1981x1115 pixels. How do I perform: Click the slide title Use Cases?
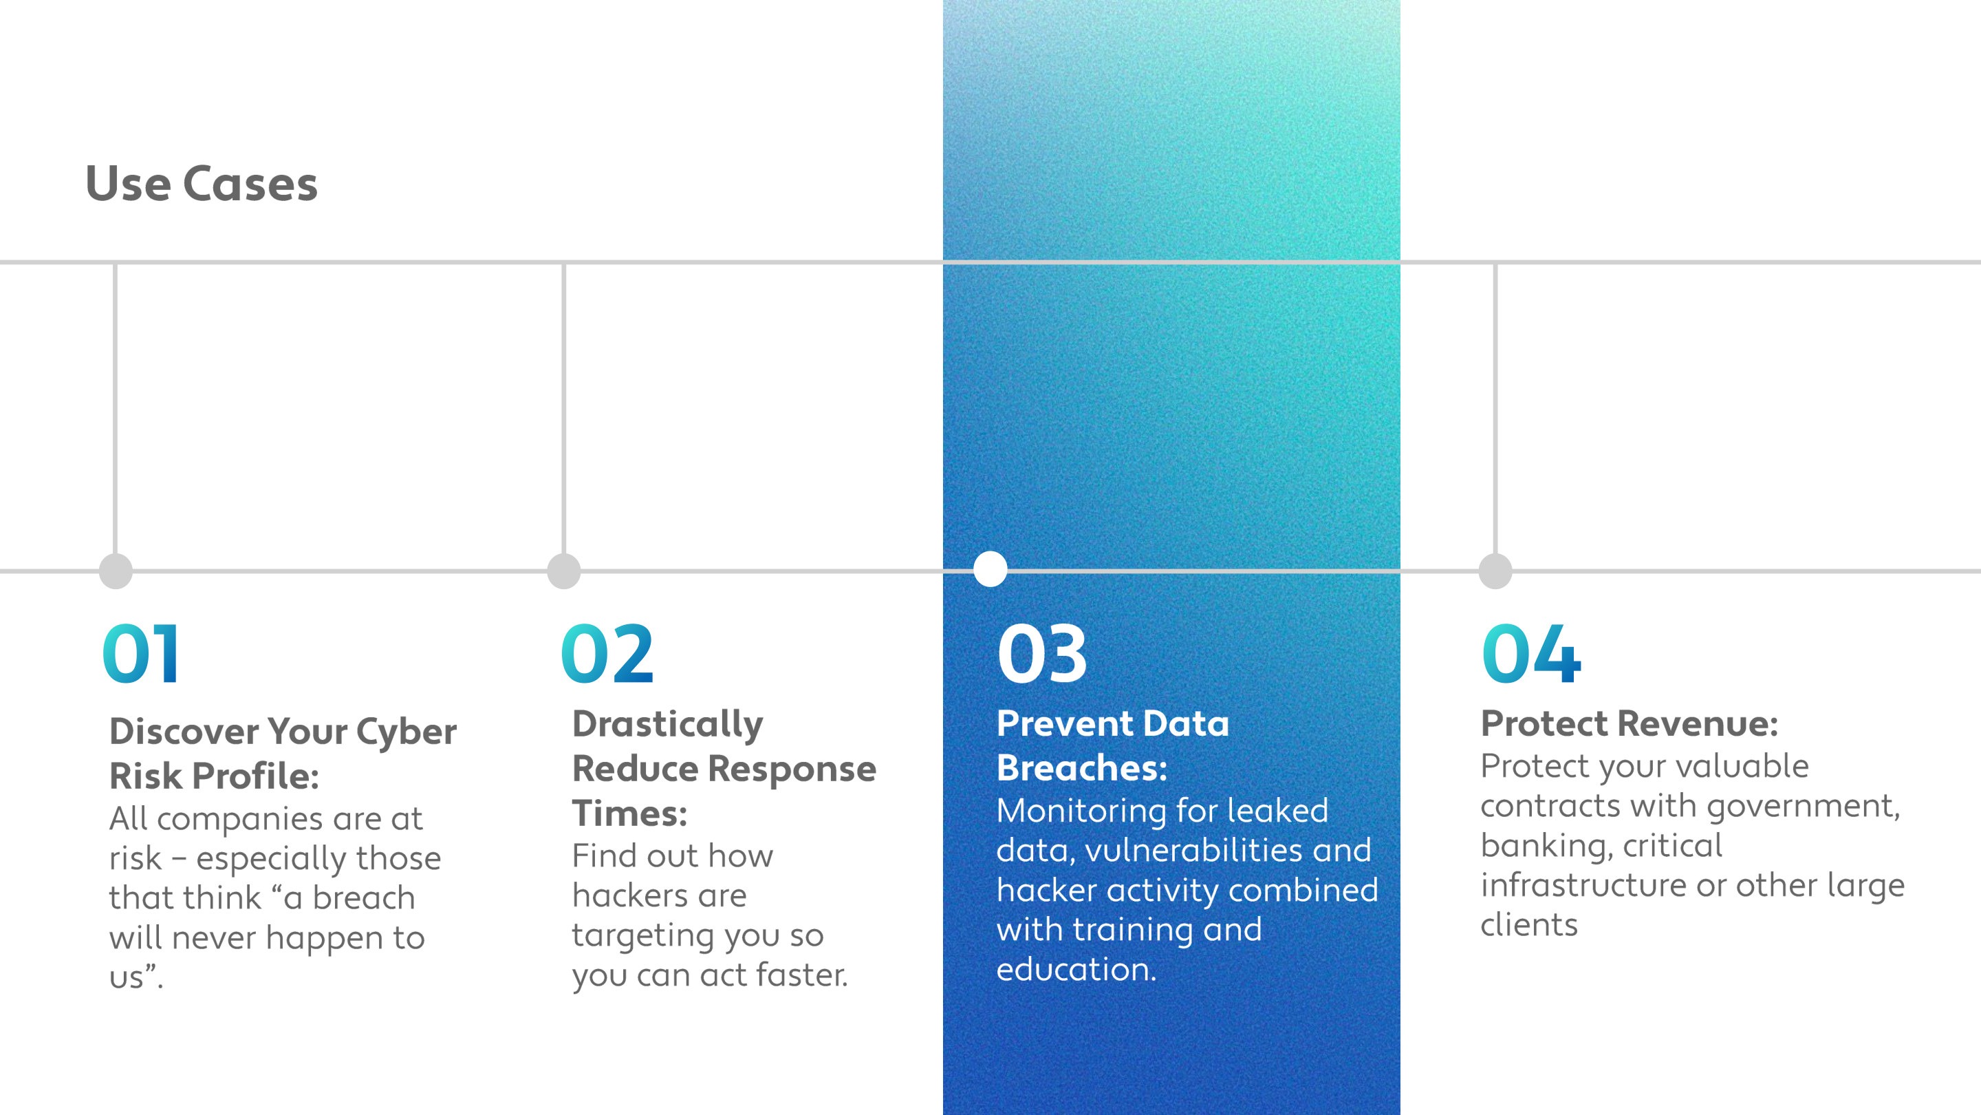point(201,184)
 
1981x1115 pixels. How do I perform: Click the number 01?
point(142,654)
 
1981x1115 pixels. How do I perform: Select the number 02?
point(607,654)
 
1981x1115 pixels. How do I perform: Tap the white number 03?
point(1042,654)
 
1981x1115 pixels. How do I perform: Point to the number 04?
point(1531,654)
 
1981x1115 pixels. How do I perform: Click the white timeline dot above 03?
point(990,569)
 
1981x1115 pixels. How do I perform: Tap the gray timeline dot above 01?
point(116,571)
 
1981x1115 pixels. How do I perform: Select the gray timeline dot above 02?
point(564,571)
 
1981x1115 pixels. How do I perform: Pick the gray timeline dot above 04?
point(1495,571)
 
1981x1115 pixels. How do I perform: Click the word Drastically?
point(667,724)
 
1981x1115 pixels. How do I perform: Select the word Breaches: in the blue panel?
point(1082,768)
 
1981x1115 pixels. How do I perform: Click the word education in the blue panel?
point(1075,970)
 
